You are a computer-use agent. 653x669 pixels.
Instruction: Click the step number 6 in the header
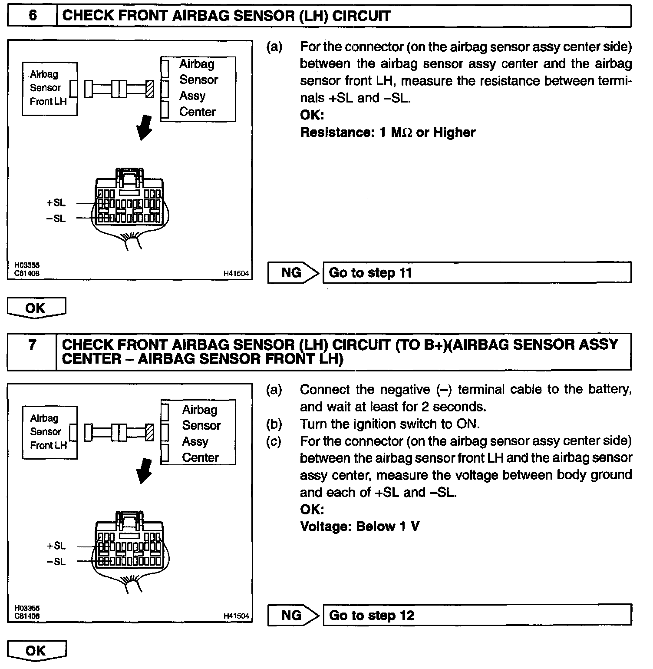coord(33,16)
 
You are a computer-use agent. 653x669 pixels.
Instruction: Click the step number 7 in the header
coord(32,345)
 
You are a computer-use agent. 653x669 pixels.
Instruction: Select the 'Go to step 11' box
coord(477,273)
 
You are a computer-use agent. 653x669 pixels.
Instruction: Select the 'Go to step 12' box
coord(477,615)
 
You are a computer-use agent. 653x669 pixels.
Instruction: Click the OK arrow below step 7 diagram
coord(36,650)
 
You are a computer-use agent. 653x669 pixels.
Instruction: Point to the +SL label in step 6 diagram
coord(56,203)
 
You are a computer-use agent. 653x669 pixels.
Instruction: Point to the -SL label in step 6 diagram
coord(56,219)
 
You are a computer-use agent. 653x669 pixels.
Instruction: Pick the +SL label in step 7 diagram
coord(56,546)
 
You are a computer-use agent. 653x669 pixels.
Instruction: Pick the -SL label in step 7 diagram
coord(56,562)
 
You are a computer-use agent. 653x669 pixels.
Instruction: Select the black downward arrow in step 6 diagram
coord(145,128)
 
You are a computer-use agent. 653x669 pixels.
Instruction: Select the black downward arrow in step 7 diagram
coord(145,470)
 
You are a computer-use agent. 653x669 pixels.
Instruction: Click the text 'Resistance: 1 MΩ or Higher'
coord(388,132)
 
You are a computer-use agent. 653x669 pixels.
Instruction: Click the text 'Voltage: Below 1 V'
coord(359,527)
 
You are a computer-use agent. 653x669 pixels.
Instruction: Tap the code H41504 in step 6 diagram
coord(236,274)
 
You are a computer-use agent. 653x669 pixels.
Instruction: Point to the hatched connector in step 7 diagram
coord(149,432)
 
